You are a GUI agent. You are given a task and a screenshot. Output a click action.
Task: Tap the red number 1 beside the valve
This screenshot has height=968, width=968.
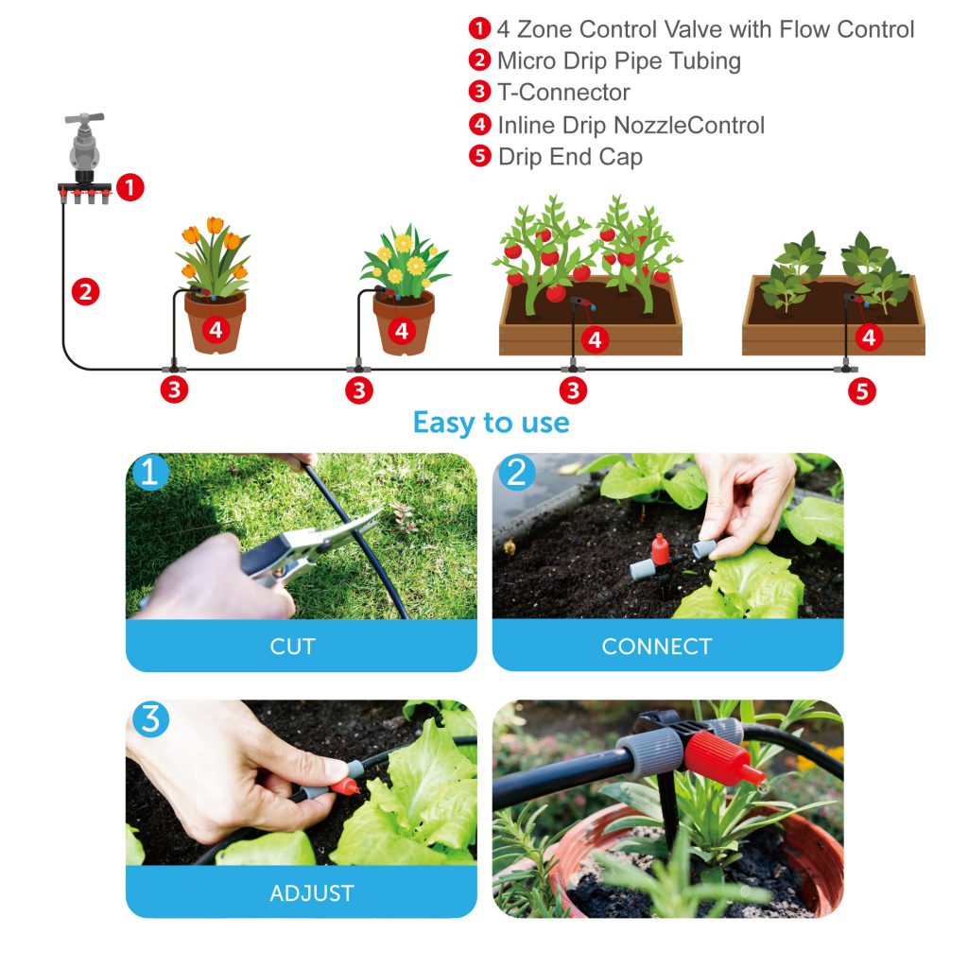click(x=130, y=188)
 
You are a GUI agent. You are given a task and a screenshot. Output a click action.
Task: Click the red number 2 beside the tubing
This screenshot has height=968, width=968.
click(x=86, y=292)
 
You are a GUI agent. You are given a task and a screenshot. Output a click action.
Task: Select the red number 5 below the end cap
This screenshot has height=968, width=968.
click(x=861, y=391)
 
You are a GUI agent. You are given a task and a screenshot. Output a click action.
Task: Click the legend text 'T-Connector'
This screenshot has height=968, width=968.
click(x=562, y=93)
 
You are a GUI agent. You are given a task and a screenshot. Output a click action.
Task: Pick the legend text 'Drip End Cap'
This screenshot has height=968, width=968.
click(x=569, y=157)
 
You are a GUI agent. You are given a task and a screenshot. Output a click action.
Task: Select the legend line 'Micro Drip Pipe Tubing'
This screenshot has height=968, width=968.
click(x=618, y=61)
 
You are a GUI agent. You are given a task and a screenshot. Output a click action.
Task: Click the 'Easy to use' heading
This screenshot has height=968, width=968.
click(x=491, y=422)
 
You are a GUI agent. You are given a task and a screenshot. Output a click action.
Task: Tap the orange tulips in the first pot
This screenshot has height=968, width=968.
click(x=214, y=251)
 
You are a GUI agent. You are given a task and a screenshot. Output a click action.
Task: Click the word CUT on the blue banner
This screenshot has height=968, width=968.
click(x=293, y=647)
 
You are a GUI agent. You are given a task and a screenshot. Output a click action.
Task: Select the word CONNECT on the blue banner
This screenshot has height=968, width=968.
click(x=656, y=647)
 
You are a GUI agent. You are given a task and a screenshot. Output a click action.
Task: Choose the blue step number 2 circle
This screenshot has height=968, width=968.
click(x=516, y=473)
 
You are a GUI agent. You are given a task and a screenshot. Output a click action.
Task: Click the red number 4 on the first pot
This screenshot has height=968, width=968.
click(x=216, y=330)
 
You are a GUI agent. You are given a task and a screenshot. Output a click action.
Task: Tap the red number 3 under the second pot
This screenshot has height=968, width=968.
click(x=358, y=390)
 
